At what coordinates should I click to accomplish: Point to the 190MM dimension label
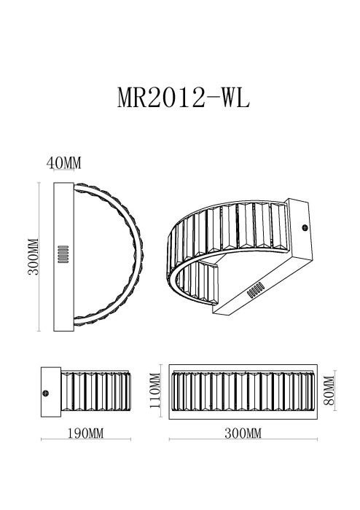coord(85,433)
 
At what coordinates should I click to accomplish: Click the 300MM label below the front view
coord(243,433)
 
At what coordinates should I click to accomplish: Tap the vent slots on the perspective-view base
coord(257,290)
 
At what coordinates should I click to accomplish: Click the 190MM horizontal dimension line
coord(85,440)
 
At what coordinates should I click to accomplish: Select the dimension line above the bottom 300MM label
coord(243,440)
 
